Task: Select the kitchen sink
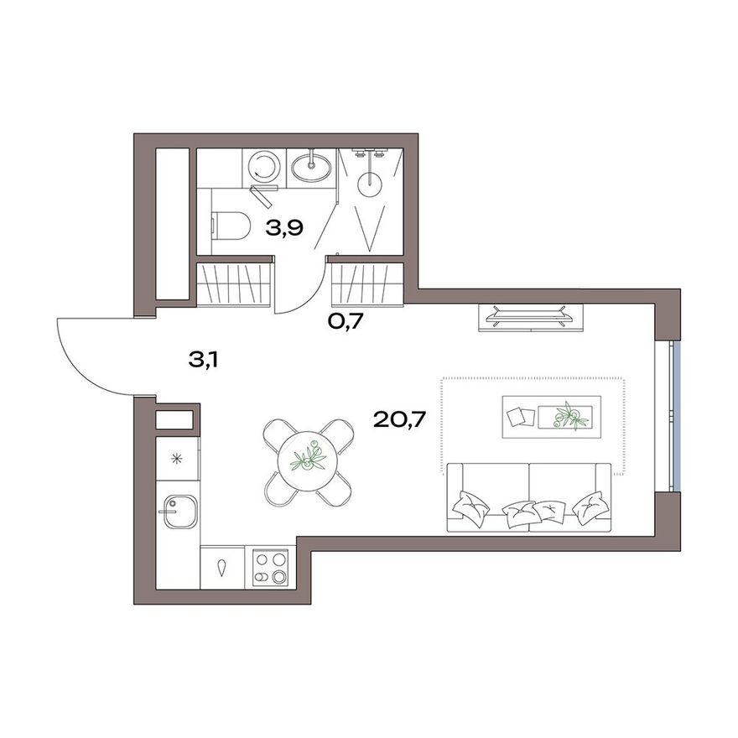(179, 510)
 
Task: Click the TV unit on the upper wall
(528, 316)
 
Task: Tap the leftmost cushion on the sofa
(469, 505)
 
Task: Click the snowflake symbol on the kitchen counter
(177, 458)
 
